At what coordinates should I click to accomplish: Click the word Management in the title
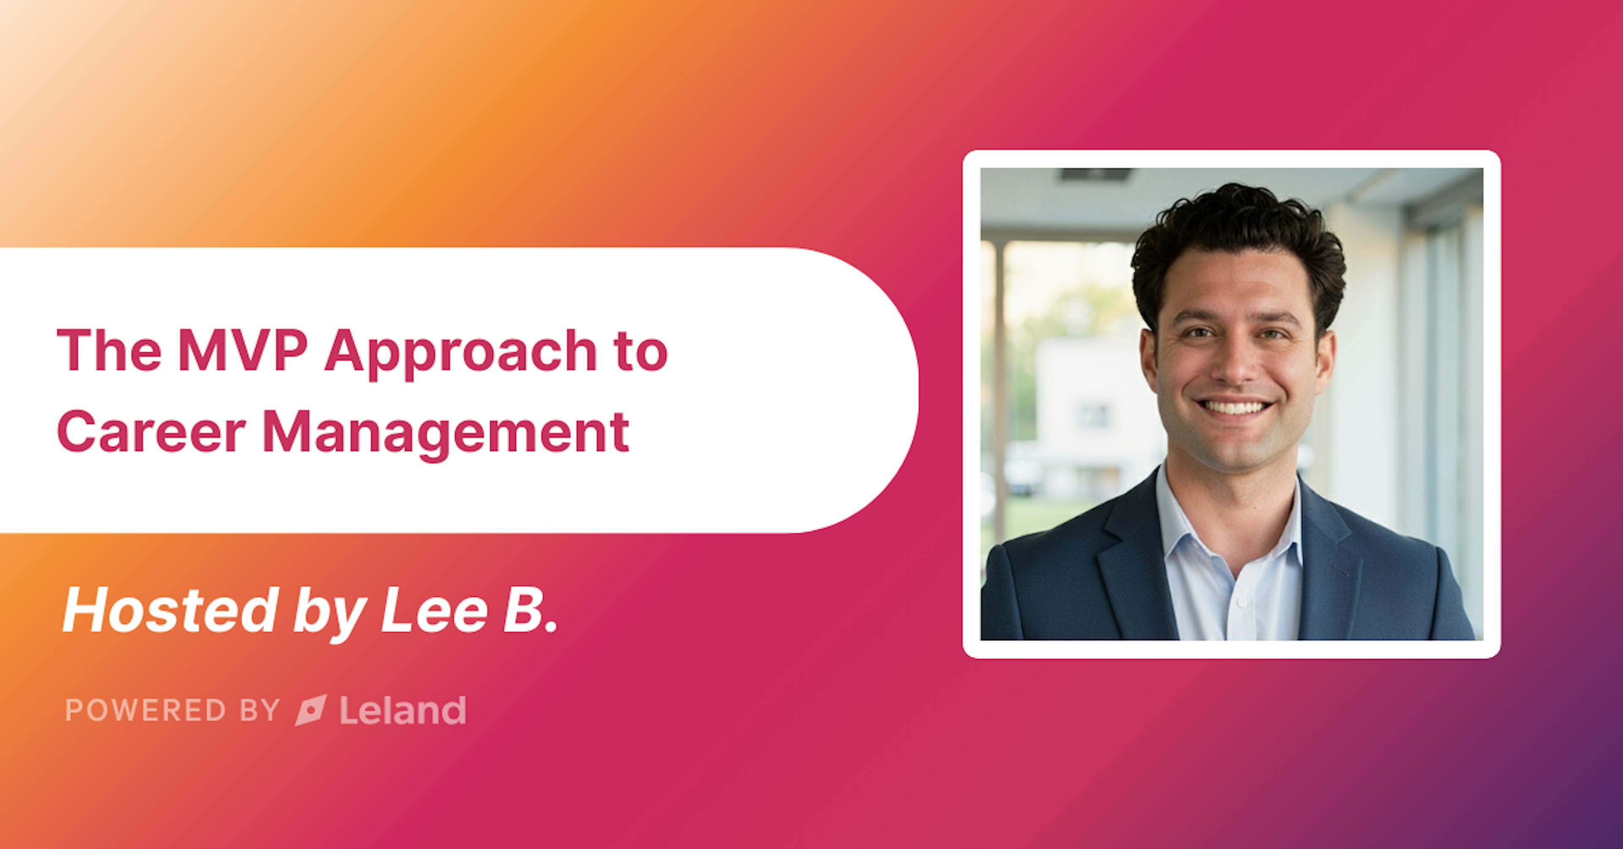(445, 435)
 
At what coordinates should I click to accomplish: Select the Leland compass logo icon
(311, 710)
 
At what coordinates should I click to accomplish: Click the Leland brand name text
(403, 710)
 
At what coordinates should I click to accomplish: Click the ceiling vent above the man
(1096, 175)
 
